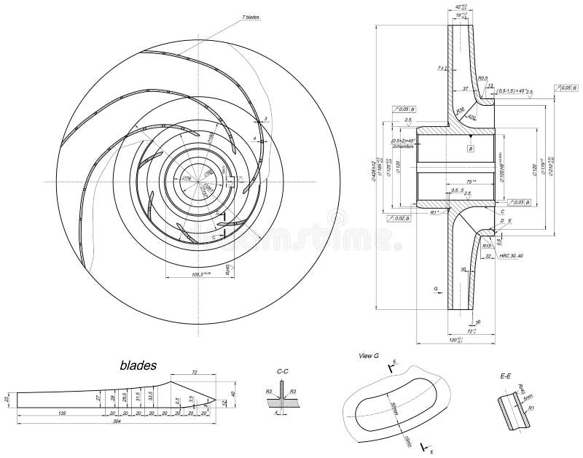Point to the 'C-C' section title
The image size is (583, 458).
(x=283, y=371)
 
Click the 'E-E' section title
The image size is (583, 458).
(x=506, y=377)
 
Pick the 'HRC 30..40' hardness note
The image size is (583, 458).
(x=512, y=256)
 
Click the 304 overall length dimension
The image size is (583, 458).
(x=116, y=422)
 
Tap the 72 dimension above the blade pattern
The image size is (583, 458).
(x=195, y=372)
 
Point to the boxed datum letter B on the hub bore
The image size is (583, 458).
(x=471, y=148)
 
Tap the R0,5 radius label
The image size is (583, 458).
(x=482, y=77)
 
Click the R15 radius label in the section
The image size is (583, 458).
(x=486, y=246)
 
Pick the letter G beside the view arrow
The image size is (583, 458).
(x=435, y=289)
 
